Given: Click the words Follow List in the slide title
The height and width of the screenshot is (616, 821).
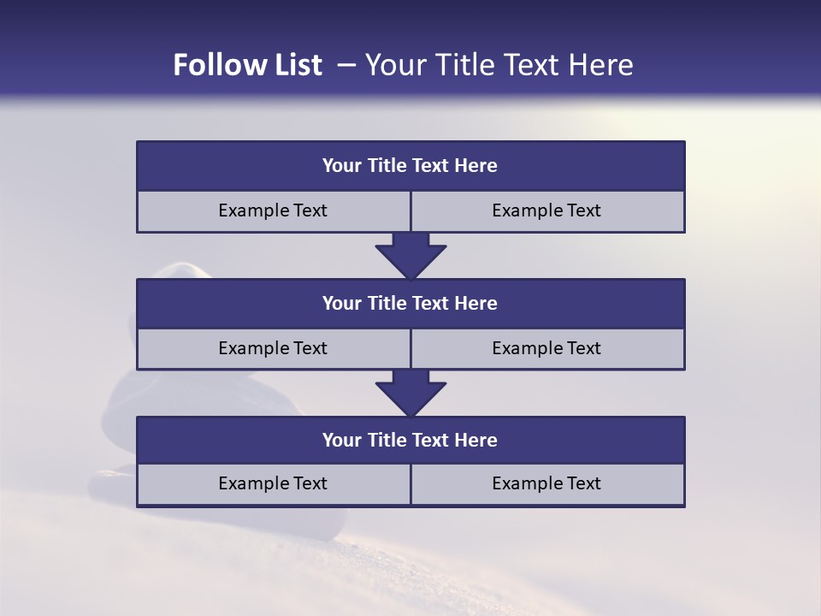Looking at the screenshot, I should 247,65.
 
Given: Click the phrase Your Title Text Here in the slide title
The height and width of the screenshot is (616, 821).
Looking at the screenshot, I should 499,65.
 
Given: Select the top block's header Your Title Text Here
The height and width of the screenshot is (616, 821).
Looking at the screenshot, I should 410,166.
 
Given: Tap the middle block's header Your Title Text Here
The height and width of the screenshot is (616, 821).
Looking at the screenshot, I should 410,303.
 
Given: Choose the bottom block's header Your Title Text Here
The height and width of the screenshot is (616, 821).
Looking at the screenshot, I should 410,440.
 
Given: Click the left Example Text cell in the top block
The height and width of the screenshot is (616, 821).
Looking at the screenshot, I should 273,210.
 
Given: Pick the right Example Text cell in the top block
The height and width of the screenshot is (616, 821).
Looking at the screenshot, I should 546,210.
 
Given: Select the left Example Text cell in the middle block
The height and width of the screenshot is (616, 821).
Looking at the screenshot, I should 273,348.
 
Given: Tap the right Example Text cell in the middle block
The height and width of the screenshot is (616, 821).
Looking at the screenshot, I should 546,348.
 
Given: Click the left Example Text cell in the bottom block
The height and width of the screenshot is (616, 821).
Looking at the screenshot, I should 273,483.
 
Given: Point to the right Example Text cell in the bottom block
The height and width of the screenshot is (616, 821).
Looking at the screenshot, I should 546,483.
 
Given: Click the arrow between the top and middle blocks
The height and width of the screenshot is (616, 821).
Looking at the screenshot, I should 410,255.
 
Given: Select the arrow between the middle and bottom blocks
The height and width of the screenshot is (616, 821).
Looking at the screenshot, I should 410,393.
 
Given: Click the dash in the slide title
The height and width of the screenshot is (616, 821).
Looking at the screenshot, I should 346,65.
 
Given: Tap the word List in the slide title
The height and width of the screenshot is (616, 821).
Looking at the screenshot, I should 298,65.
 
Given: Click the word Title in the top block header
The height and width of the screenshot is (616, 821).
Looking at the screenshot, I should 387,166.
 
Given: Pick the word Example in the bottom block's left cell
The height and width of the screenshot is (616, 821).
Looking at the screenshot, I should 251,483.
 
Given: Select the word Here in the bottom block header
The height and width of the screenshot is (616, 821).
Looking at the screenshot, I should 475,440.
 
